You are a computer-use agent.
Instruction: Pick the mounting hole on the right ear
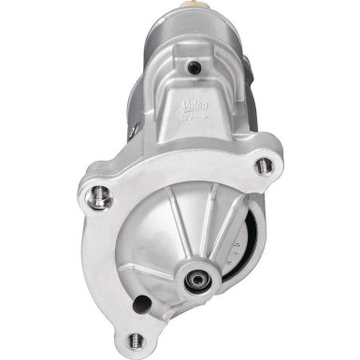(x=265, y=166)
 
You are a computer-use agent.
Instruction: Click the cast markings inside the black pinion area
(x=247, y=248)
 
